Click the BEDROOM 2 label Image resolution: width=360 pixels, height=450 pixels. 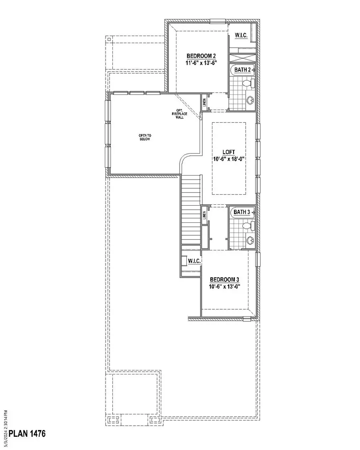[x=201, y=56]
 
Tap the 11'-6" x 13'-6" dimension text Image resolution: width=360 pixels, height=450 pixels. [x=201, y=63]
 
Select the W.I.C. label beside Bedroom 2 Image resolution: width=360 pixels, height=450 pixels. [x=241, y=36]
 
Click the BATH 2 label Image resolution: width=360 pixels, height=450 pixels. [x=242, y=70]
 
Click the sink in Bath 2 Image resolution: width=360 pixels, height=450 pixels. [x=251, y=100]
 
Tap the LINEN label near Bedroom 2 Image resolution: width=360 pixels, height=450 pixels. [x=204, y=103]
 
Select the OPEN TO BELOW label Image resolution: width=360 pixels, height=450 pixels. [x=144, y=138]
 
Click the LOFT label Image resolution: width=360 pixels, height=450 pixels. [x=228, y=152]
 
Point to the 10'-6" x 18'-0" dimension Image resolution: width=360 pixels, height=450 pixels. [x=228, y=159]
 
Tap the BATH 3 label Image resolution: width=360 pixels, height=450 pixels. [x=242, y=212]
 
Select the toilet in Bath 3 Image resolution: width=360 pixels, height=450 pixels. [x=248, y=226]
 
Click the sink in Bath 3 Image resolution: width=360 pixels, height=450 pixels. [x=250, y=241]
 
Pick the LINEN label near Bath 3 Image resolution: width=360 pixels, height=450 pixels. [x=204, y=215]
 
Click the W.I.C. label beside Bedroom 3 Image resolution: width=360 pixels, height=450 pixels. [x=194, y=261]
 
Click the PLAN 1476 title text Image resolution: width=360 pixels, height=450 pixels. [x=27, y=434]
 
